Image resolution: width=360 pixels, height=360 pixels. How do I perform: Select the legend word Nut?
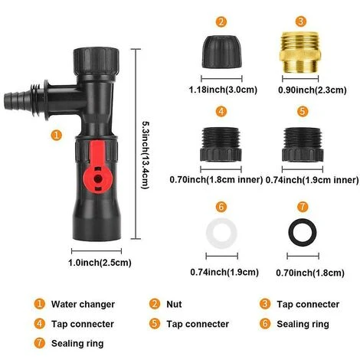pos(175,304)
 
